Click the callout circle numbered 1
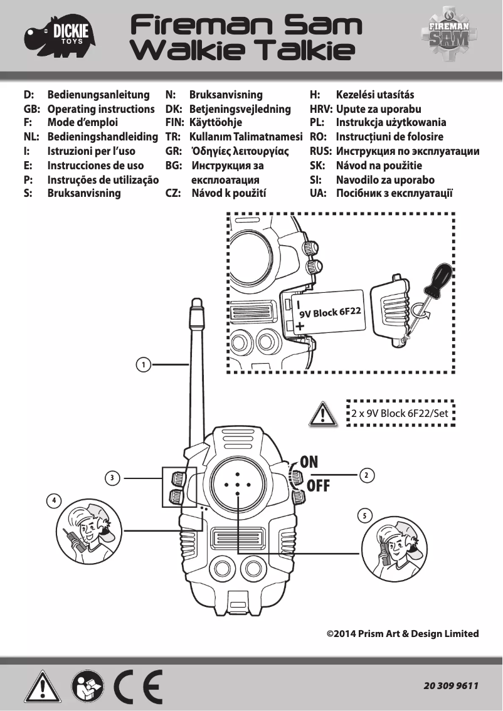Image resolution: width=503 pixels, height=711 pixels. coord(143,364)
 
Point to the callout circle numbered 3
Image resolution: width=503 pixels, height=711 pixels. coord(112,478)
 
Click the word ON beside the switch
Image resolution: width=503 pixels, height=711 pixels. coord(309,462)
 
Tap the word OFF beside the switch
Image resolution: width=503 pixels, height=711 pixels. coord(318,487)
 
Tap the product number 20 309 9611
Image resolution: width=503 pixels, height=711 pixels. coord(451,686)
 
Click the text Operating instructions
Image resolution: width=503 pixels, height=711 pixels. coord(101,109)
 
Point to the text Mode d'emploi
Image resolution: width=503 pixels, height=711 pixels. coord(83,123)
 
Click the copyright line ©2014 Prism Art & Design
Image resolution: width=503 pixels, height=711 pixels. coord(403,633)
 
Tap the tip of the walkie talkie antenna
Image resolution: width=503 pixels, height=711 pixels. coord(196,303)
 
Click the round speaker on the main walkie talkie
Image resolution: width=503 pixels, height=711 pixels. coord(237,485)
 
